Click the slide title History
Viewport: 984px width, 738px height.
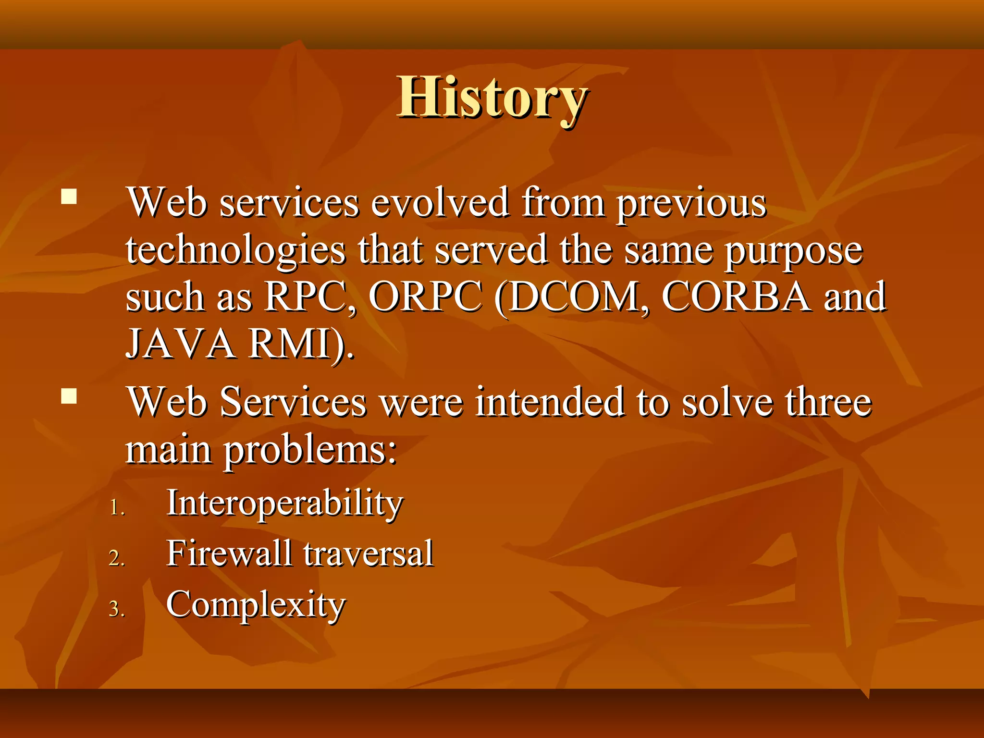tap(492, 98)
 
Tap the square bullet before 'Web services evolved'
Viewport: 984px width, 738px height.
tap(69, 197)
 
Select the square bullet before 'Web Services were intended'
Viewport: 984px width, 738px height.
tap(69, 396)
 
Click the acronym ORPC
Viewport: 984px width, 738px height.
tap(425, 297)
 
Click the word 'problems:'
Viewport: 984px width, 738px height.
tap(310, 452)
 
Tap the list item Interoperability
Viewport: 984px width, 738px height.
tap(284, 504)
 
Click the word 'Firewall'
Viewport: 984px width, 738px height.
tap(229, 553)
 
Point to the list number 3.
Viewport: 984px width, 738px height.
tap(117, 609)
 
